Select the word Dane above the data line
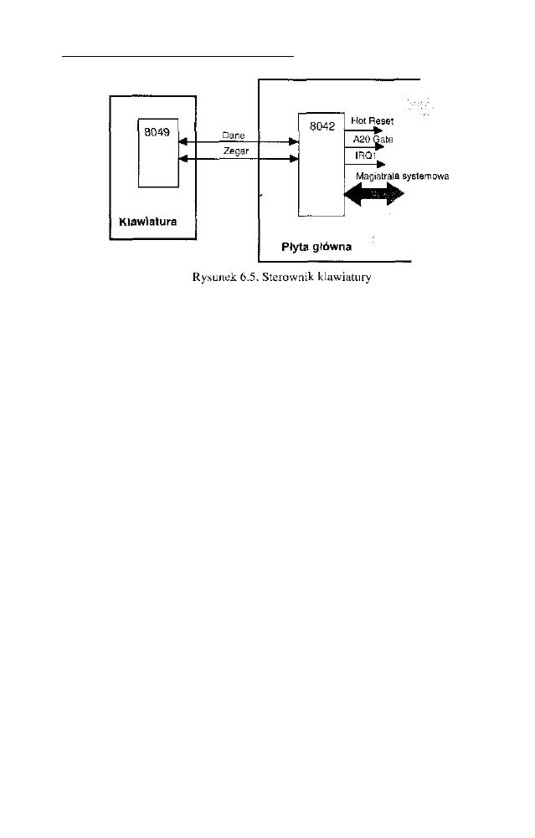234,135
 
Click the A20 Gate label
366,140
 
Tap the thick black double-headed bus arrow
374,196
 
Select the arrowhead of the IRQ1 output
382,162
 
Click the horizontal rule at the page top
178,56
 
